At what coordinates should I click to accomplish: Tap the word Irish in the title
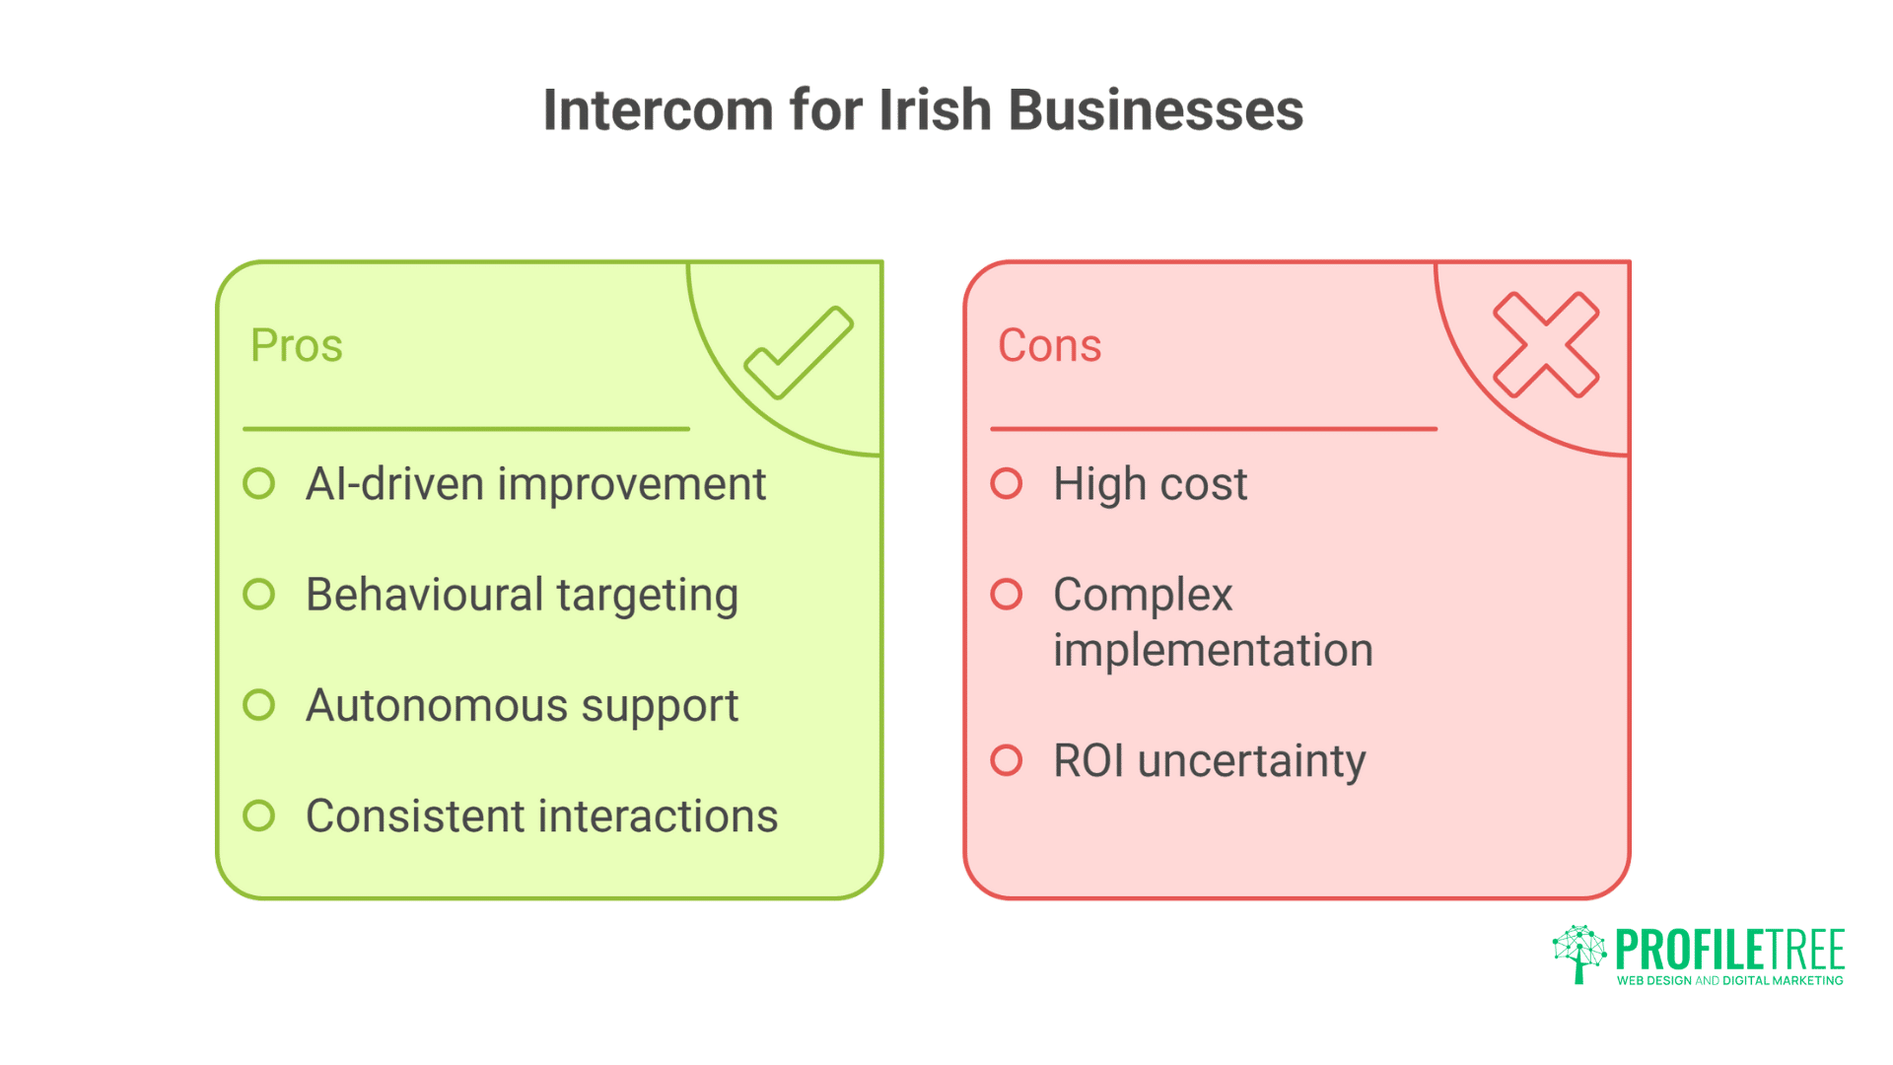(x=935, y=109)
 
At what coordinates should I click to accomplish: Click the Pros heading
(x=297, y=345)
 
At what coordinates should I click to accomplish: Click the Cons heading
(x=1049, y=345)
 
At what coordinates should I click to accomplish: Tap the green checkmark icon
(x=799, y=352)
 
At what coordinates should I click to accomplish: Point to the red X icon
(x=1546, y=345)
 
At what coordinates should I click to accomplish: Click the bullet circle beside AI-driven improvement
(x=259, y=484)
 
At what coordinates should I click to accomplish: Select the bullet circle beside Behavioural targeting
(x=259, y=595)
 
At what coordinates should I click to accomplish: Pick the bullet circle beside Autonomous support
(x=259, y=705)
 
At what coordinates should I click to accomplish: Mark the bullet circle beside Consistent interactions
(x=259, y=816)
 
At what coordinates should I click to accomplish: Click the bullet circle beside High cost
(x=1007, y=484)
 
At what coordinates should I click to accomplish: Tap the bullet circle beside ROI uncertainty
(x=1007, y=760)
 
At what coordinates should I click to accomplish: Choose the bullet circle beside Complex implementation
(x=1007, y=595)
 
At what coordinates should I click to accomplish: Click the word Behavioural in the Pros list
(x=424, y=595)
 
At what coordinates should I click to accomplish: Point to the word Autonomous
(x=437, y=706)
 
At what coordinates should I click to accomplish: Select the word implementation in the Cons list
(x=1213, y=651)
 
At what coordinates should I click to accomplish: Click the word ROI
(x=1088, y=760)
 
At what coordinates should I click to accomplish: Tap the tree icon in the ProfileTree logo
(x=1579, y=953)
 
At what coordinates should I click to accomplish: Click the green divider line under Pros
(x=466, y=429)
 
